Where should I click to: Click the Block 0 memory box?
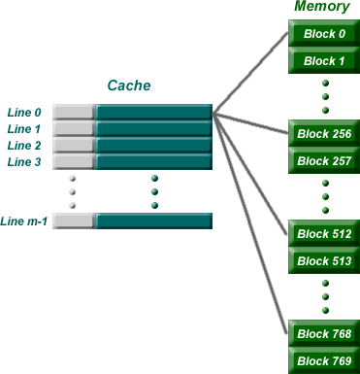tap(324, 34)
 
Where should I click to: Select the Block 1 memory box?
tap(324, 61)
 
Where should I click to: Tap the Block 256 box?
tap(324, 133)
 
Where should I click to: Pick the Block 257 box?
tap(324, 160)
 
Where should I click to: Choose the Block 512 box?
tap(324, 234)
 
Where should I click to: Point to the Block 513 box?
tap(324, 260)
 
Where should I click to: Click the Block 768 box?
tap(324, 334)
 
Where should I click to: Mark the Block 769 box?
tap(324, 361)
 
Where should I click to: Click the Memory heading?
tap(321, 8)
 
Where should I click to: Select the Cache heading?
tap(130, 85)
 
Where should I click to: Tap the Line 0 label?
tap(25, 112)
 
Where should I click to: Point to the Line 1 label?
tap(25, 128)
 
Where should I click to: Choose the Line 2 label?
tap(25, 145)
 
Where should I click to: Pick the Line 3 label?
tap(25, 161)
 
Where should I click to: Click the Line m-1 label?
tap(25, 221)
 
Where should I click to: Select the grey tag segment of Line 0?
tap(74, 112)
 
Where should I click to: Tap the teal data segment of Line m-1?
tap(153, 221)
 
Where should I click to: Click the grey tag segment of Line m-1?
tap(74, 221)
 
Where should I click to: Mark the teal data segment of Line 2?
tap(153, 145)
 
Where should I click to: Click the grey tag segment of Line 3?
tap(74, 161)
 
